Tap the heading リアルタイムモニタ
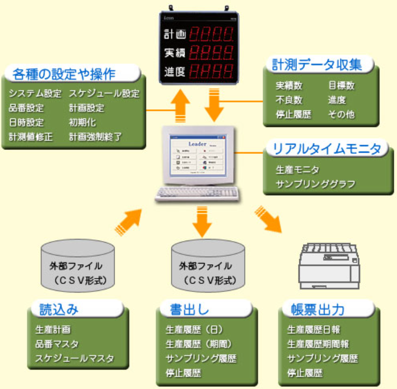pos(327,149)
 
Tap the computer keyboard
pos(196,194)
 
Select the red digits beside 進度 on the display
pos(211,70)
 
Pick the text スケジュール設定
pos(104,93)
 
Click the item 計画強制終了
pos(95,137)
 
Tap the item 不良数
pos(289,100)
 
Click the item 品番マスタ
pos(57,344)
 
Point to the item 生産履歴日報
pos(314,330)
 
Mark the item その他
pos(341,115)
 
